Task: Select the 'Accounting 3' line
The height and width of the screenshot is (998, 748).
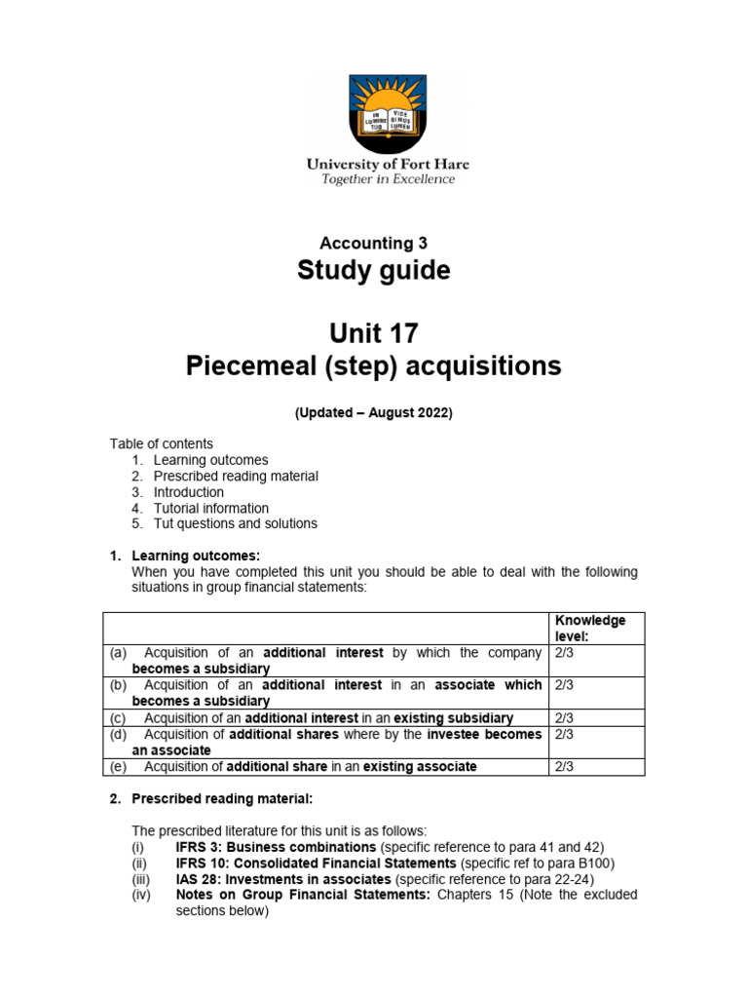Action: [374, 243]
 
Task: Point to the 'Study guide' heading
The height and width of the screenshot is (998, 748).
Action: [374, 272]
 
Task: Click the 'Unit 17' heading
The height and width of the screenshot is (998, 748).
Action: [374, 333]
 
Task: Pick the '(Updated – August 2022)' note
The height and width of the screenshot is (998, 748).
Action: [374, 413]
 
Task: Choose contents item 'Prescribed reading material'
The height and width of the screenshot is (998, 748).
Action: [236, 477]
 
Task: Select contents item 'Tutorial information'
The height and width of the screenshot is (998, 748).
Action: [211, 508]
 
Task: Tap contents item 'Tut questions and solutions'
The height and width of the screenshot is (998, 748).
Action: [236, 523]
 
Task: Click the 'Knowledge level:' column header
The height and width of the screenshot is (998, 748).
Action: [590, 629]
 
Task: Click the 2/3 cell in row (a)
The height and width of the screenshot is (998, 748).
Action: [564, 653]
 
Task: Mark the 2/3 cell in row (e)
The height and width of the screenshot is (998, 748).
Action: [564, 767]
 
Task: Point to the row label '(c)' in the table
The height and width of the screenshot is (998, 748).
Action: [116, 718]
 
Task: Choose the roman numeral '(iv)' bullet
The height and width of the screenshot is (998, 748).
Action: [141, 894]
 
